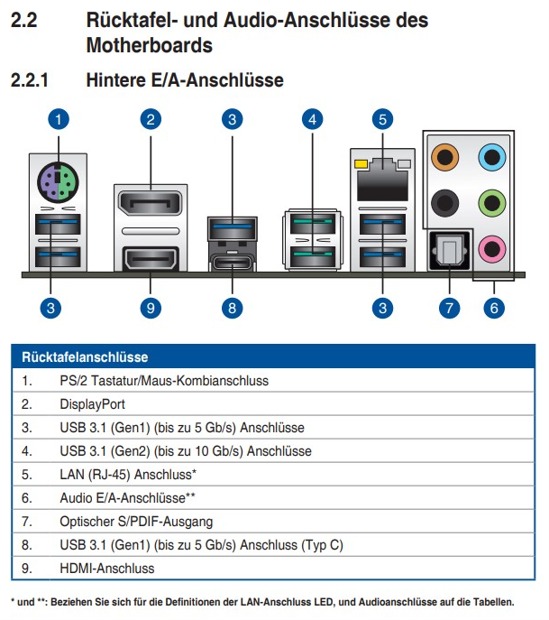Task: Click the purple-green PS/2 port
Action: coord(58,182)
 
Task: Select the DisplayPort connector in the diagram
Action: coord(150,203)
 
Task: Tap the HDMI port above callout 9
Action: coord(150,259)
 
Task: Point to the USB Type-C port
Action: coord(233,262)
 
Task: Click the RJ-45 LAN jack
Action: coord(382,180)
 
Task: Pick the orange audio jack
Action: coord(445,157)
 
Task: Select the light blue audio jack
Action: coord(491,157)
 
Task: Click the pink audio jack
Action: coord(491,249)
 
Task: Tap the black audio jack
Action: coord(445,203)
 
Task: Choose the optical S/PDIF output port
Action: coord(450,252)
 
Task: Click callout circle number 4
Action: coord(313,119)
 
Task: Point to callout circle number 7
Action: coord(450,308)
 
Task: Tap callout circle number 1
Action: coord(59,119)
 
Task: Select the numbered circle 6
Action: coord(494,308)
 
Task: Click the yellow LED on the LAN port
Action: coord(361,163)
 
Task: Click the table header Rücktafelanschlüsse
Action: coord(85,357)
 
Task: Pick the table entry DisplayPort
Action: coord(93,404)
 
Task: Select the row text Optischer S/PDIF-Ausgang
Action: coord(136,522)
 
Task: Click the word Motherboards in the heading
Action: coord(150,45)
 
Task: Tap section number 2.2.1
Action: coord(30,80)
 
